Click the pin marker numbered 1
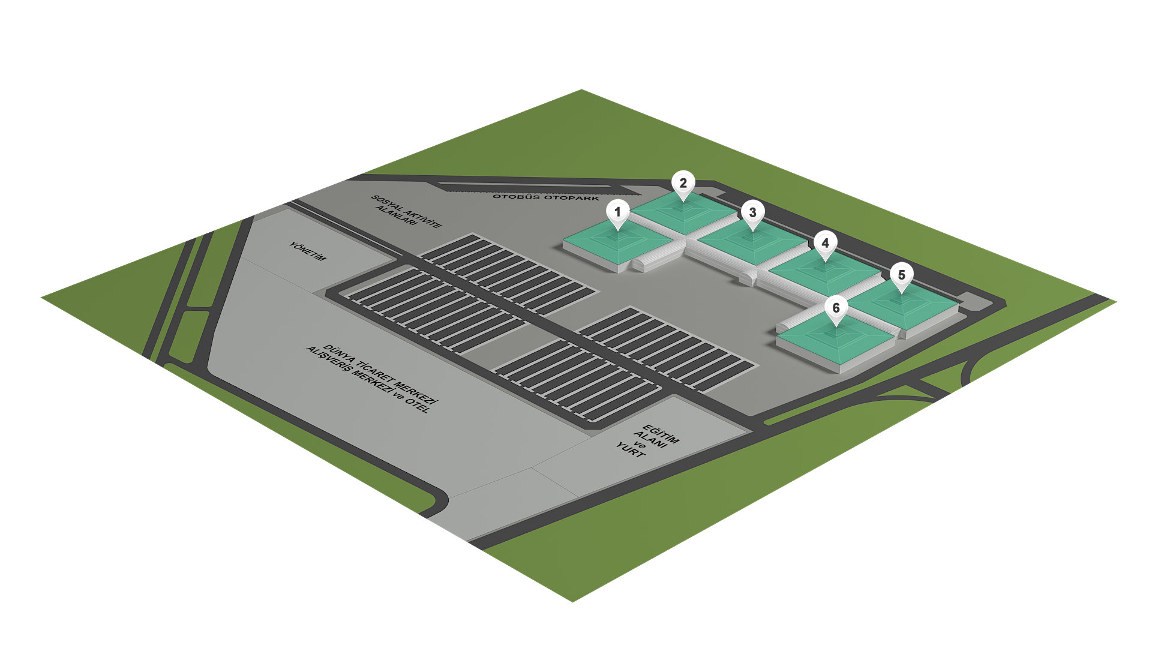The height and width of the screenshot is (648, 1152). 617,212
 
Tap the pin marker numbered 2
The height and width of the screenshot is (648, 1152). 683,184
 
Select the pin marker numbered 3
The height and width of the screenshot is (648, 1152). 752,212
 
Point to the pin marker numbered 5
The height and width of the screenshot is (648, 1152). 901,275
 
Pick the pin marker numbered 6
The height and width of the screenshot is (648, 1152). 836,308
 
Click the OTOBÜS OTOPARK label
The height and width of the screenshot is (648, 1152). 546,197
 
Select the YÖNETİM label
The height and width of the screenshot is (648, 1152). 308,251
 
